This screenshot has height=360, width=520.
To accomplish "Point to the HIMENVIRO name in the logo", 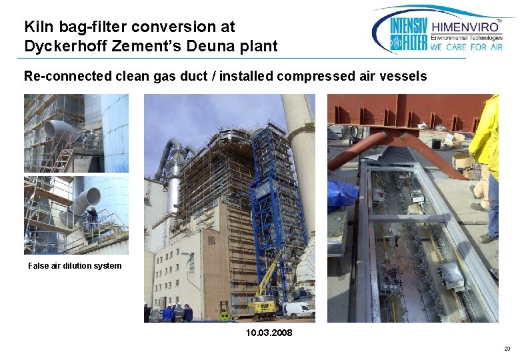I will click(465, 27).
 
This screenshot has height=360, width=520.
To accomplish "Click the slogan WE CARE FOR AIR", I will click(465, 47).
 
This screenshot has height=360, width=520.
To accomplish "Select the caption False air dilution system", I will click(75, 266).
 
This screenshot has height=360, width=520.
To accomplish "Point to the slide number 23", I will click(507, 349).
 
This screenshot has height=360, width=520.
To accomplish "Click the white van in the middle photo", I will click(299, 309).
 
